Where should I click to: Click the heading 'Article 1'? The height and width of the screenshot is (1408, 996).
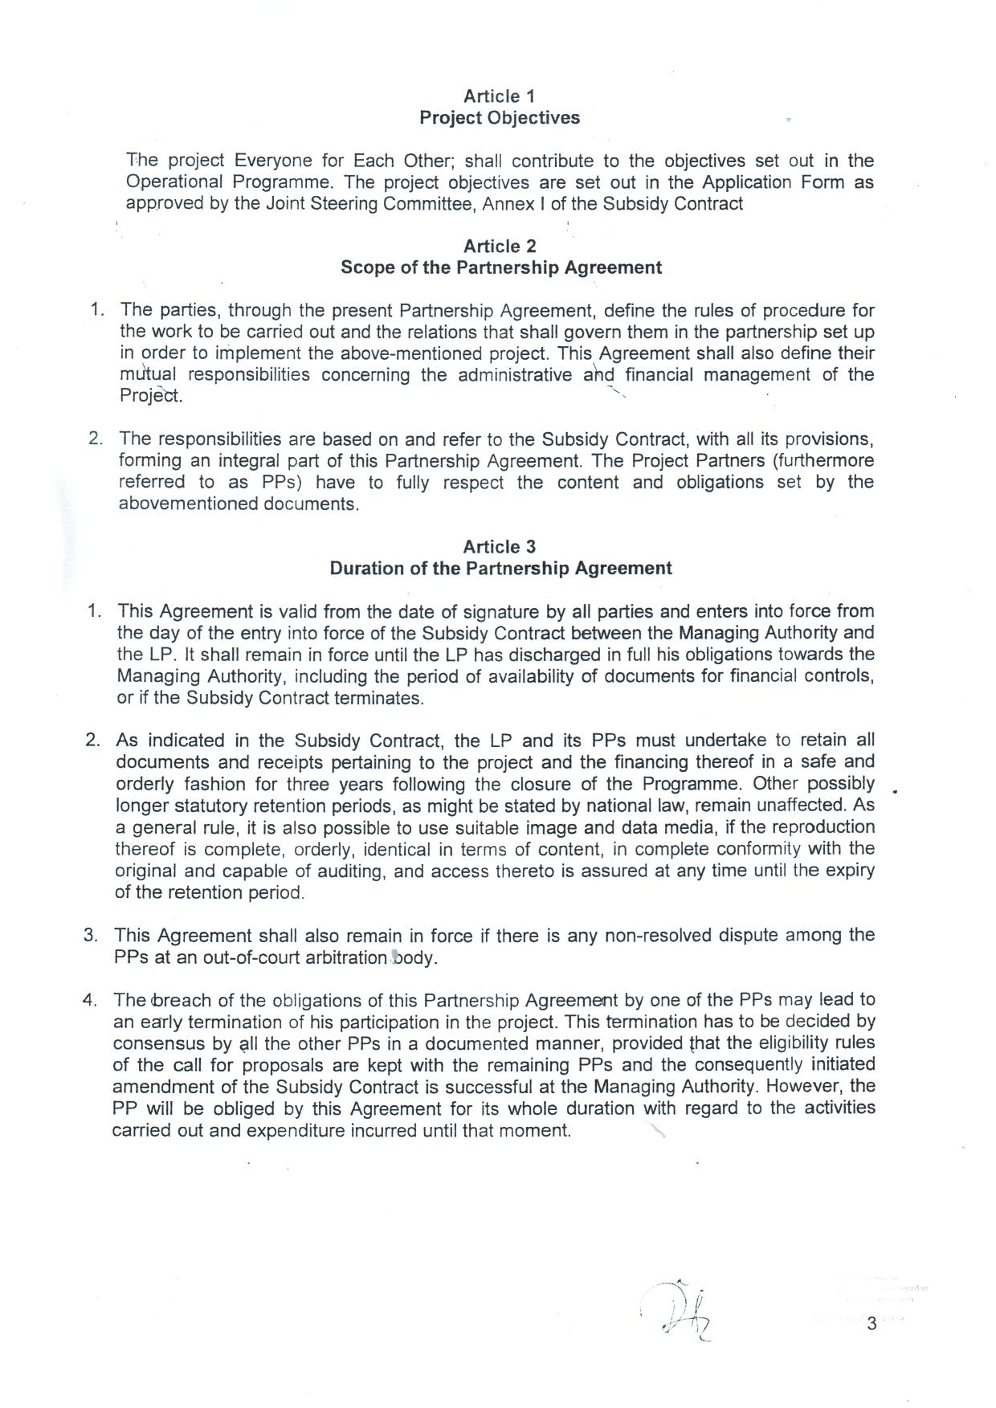click(499, 96)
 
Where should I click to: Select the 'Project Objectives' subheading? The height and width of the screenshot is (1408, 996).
click(499, 118)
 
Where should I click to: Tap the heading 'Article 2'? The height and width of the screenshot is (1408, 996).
click(499, 247)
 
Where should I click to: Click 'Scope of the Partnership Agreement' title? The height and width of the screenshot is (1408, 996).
click(500, 267)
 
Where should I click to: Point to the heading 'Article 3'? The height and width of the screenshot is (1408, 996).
click(499, 547)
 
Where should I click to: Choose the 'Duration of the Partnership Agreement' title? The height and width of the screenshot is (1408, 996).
click(500, 569)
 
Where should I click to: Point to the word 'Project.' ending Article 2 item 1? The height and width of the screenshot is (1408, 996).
click(151, 397)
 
